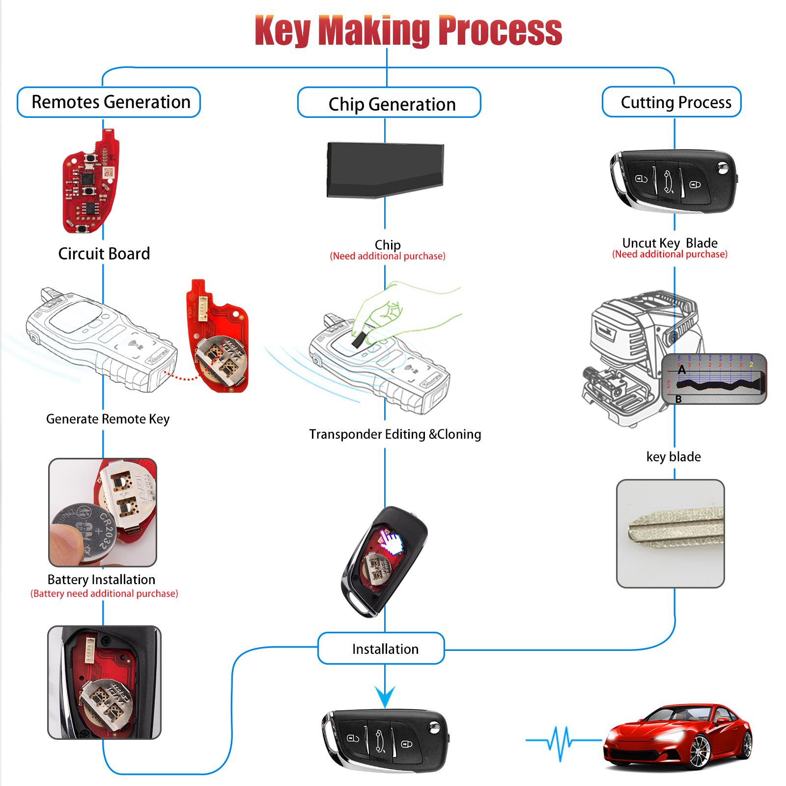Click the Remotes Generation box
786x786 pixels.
[x=109, y=102]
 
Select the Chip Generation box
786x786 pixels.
[x=389, y=103]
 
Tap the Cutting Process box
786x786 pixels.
[x=672, y=102]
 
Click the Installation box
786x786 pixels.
[x=382, y=648]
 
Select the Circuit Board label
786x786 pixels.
[x=104, y=253]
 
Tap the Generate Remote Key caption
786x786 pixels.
[x=108, y=419]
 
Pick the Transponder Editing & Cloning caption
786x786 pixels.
[x=395, y=434]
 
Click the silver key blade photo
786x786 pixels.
[x=671, y=533]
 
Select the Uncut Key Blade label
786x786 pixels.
[x=670, y=243]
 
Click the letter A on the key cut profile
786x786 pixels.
[x=682, y=370]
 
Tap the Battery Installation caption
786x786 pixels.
[x=101, y=580]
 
